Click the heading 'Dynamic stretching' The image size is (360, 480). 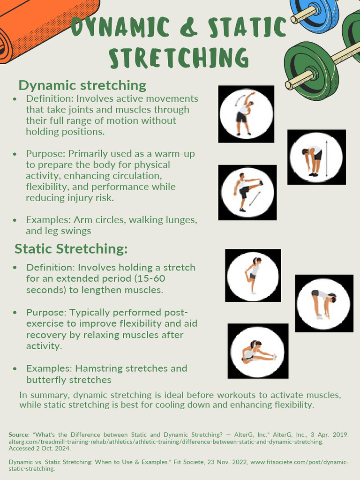82,85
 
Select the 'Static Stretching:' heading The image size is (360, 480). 71,248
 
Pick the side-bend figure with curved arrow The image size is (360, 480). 246,114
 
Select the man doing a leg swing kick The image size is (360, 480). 247,192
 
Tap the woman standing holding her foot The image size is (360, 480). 253,275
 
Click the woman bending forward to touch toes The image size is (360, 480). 323,303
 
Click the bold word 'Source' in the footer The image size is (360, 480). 19,435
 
